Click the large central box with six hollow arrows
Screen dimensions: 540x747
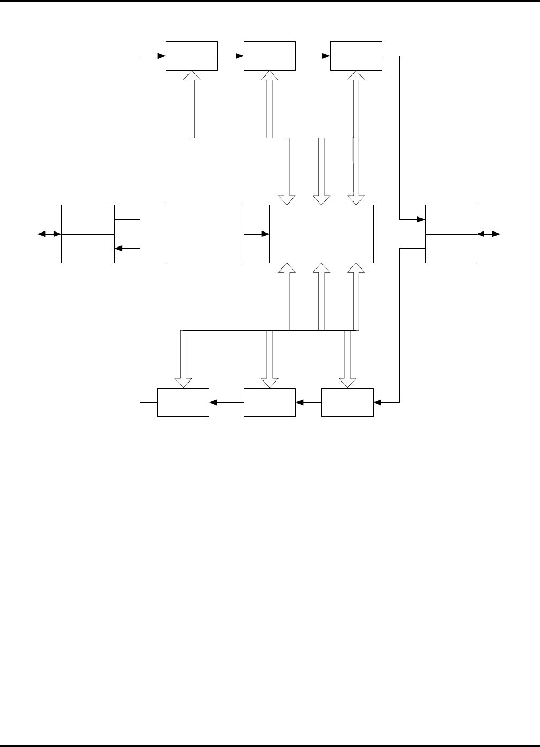click(x=321, y=234)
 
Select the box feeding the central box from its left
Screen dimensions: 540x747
click(x=205, y=234)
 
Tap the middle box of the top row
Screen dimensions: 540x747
click(x=269, y=56)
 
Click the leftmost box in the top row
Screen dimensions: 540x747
click(x=192, y=56)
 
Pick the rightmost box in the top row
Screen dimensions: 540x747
click(x=356, y=56)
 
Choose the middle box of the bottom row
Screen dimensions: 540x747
click(x=269, y=402)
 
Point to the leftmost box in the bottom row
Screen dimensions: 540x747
click(x=183, y=402)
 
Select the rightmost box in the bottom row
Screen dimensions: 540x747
click(x=348, y=402)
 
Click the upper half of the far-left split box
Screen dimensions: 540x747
click(x=88, y=219)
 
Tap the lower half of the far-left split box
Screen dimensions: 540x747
click(x=88, y=248)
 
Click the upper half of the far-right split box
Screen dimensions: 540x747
click(x=451, y=219)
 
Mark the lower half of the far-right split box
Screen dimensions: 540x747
click(x=451, y=248)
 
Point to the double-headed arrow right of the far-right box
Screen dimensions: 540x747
click(x=489, y=234)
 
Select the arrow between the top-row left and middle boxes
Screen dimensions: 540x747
click(x=231, y=56)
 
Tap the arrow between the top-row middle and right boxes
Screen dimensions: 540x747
click(x=313, y=56)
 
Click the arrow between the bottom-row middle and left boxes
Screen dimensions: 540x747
click(x=226, y=402)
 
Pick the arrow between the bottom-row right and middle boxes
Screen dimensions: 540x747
click(x=309, y=402)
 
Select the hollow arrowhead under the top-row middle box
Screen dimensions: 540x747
click(x=269, y=76)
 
